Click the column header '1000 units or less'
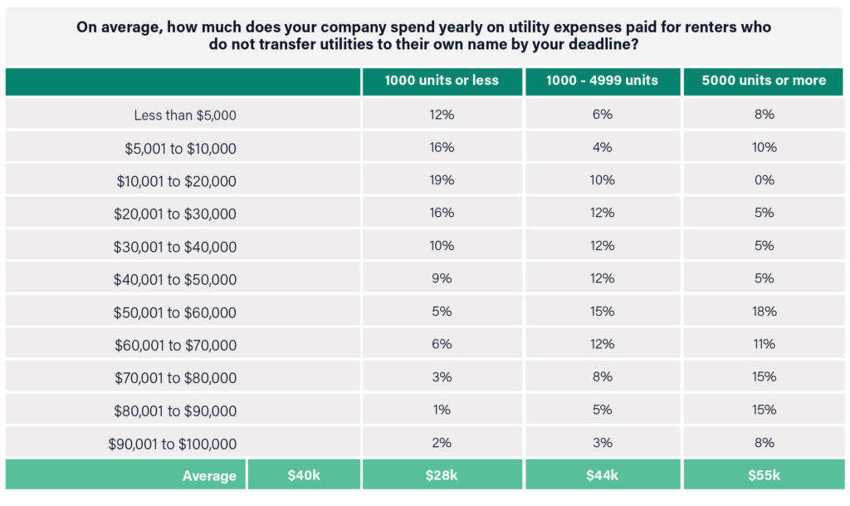pyautogui.click(x=442, y=81)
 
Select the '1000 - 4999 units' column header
pyautogui.click(x=603, y=81)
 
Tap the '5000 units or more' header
pyautogui.click(x=764, y=81)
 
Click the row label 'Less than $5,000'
pyautogui.click(x=185, y=115)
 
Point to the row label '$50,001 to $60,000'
pyautogui.click(x=175, y=313)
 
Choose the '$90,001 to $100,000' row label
pyautogui.click(x=172, y=445)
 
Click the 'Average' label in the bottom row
pyautogui.click(x=209, y=476)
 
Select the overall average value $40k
pyautogui.click(x=303, y=475)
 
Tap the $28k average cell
pyautogui.click(x=442, y=475)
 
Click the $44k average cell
pyautogui.click(x=603, y=475)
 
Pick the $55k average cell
pyautogui.click(x=764, y=475)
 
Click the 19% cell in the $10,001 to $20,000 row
pyautogui.click(x=442, y=180)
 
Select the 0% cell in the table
pyautogui.click(x=764, y=180)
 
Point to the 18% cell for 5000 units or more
pyautogui.click(x=764, y=312)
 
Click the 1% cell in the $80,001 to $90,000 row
pyautogui.click(x=442, y=410)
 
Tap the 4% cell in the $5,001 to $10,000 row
pyautogui.click(x=603, y=147)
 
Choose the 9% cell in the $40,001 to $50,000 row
pyautogui.click(x=442, y=278)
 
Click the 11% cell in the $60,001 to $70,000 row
pyautogui.click(x=764, y=344)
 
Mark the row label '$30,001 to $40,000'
pyautogui.click(x=175, y=247)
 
